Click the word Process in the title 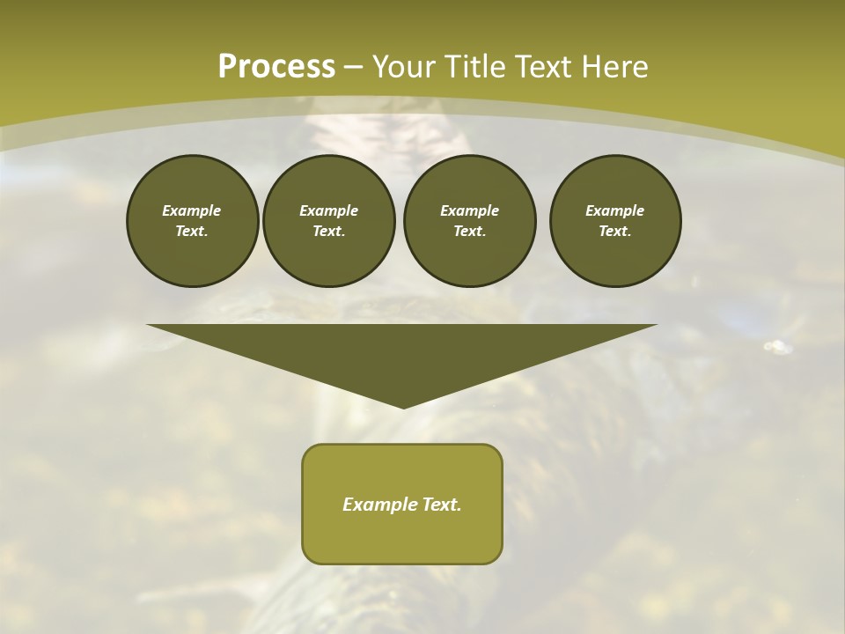276,66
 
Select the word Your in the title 404,66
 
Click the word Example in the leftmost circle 192,210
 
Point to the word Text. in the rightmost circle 615,231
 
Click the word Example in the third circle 469,210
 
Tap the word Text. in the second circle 328,231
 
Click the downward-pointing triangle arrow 402,352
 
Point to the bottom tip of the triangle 403,406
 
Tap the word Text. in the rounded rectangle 443,505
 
